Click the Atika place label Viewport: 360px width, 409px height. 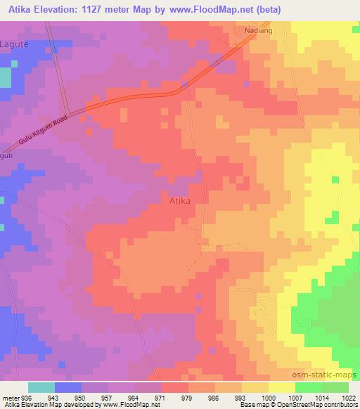180,200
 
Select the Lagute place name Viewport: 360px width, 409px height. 15,44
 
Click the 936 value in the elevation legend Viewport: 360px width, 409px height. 27,398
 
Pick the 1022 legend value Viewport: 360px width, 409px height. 349,398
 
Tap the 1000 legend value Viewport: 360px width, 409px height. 269,398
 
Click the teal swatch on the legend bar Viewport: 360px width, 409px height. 41,387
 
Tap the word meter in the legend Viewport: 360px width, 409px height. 10,398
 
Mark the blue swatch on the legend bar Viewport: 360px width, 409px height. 68,387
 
